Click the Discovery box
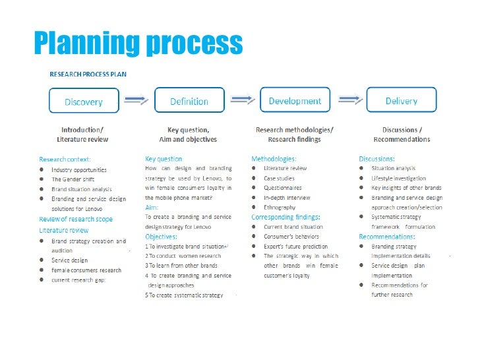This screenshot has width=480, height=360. [84, 102]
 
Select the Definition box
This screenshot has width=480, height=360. [189, 101]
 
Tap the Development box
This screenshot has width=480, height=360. [295, 101]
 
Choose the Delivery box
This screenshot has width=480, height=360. [402, 101]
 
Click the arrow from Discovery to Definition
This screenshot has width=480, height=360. [136, 100]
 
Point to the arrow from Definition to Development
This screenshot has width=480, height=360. [242, 99]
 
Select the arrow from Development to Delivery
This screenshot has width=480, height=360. [348, 99]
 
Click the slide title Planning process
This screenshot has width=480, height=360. [138, 44]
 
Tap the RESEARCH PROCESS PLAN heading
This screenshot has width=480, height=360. [88, 74]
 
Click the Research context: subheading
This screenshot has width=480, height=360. [65, 160]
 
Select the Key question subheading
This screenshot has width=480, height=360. [164, 159]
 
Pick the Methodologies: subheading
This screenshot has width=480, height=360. [274, 159]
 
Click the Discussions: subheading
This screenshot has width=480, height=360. [377, 159]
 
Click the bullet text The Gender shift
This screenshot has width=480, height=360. [75, 179]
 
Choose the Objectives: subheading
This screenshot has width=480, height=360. [162, 236]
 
